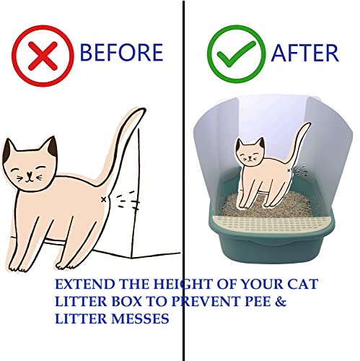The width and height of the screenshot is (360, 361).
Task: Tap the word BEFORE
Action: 121,52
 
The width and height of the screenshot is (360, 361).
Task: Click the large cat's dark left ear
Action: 10,150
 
